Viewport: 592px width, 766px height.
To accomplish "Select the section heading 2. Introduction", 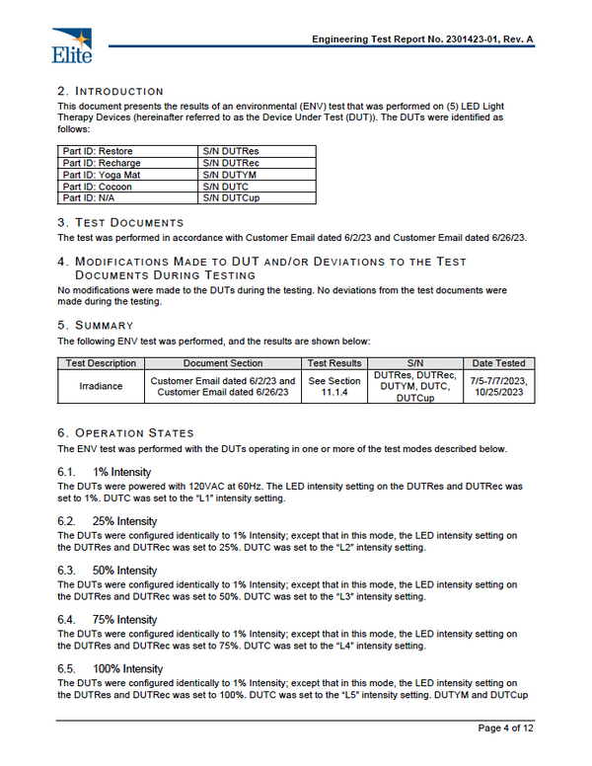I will tap(111, 91).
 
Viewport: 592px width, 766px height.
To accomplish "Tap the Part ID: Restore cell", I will tap(127, 151).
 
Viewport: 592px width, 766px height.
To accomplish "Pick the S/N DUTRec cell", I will tap(257, 163).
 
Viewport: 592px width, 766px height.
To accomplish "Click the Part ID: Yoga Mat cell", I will tap(127, 175).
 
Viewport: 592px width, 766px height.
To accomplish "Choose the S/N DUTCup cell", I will tap(257, 198).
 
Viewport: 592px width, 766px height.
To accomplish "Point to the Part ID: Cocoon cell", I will tap(127, 187).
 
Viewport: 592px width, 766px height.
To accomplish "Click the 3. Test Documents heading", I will tap(120, 223).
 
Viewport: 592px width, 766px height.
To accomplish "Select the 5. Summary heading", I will tap(95, 325).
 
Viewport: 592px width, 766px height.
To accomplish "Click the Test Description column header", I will tap(101, 363).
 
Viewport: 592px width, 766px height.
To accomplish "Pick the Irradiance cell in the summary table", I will tap(101, 386).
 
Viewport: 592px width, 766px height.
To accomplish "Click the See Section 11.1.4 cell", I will tap(334, 386).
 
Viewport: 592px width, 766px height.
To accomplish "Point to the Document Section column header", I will tap(222, 363).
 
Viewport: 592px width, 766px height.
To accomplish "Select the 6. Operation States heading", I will tap(125, 433).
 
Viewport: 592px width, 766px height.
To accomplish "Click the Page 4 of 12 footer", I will tap(506, 728).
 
